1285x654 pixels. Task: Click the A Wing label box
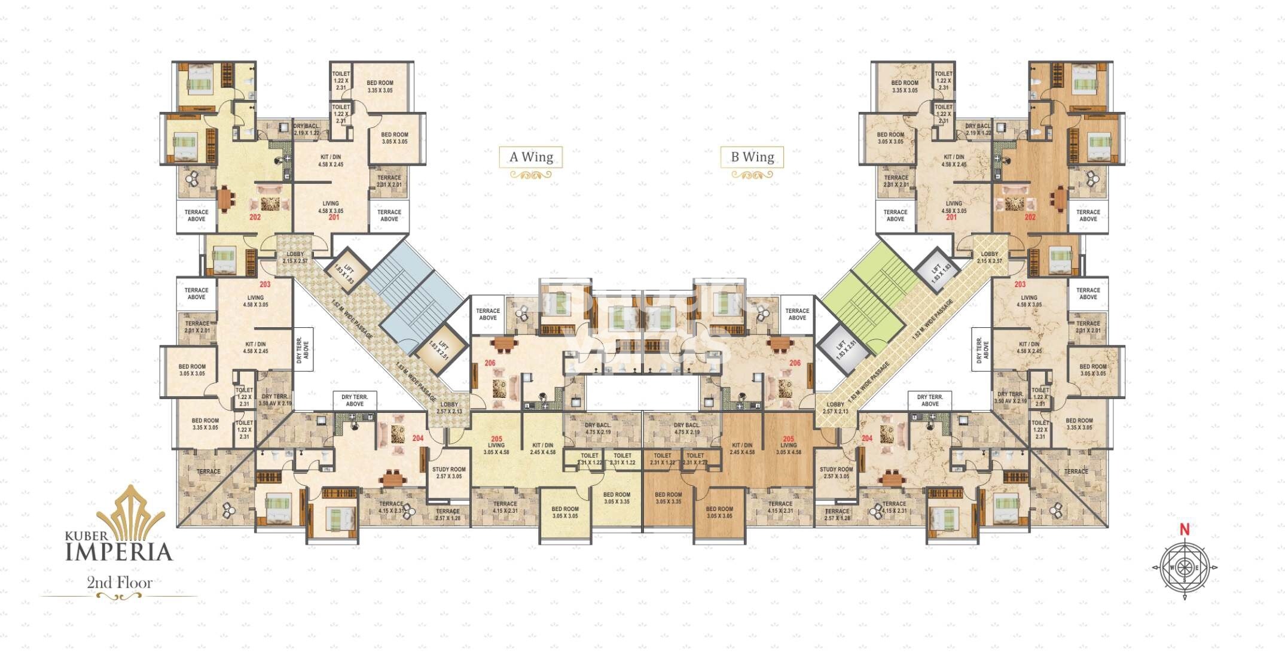point(531,157)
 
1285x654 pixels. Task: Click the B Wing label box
point(752,157)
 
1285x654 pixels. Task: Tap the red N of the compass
point(1184,530)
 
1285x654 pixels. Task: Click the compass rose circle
point(1185,567)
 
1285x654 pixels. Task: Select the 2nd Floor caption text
point(120,582)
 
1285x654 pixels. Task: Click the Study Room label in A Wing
point(448,473)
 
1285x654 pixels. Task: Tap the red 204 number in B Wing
point(867,439)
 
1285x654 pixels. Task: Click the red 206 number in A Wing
point(490,363)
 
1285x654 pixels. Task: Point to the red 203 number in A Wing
point(265,284)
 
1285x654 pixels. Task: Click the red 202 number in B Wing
point(1030,217)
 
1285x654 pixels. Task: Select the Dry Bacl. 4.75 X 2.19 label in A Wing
point(597,428)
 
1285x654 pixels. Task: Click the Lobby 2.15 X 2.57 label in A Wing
point(295,257)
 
